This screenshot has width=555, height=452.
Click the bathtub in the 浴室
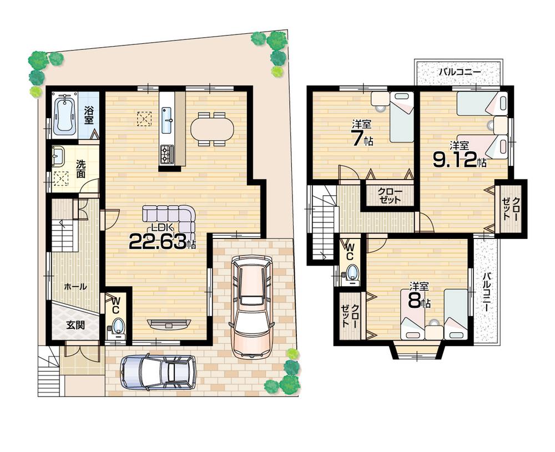tap(64, 114)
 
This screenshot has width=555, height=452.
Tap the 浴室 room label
tap(89, 115)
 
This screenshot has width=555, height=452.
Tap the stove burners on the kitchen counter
tap(167, 154)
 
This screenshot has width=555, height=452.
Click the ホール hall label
tap(75, 287)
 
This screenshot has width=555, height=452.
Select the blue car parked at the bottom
tap(158, 372)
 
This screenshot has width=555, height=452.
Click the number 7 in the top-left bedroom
tap(357, 138)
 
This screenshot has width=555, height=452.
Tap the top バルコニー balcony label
tap(460, 72)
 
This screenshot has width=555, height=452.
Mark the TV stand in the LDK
tap(169, 324)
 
